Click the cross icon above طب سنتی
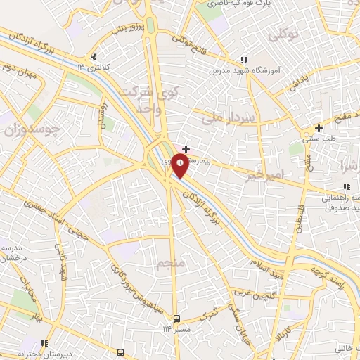tap(319, 128)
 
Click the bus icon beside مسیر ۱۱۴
tap(177, 319)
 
